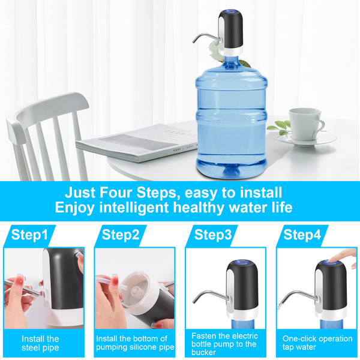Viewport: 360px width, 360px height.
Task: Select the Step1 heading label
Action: (29, 235)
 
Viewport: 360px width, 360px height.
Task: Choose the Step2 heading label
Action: (121, 235)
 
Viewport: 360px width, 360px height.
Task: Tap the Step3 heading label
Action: (213, 235)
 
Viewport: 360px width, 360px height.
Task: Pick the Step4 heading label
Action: (302, 235)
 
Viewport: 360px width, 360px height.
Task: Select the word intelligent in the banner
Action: (134, 208)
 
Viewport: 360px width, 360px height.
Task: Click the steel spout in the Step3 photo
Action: (209, 295)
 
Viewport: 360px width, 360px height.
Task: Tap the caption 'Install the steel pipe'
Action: (40, 343)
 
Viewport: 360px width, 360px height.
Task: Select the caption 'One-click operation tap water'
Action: (317, 343)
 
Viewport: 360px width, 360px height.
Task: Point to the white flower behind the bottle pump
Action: (215, 51)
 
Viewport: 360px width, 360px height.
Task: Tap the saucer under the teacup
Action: (305, 139)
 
